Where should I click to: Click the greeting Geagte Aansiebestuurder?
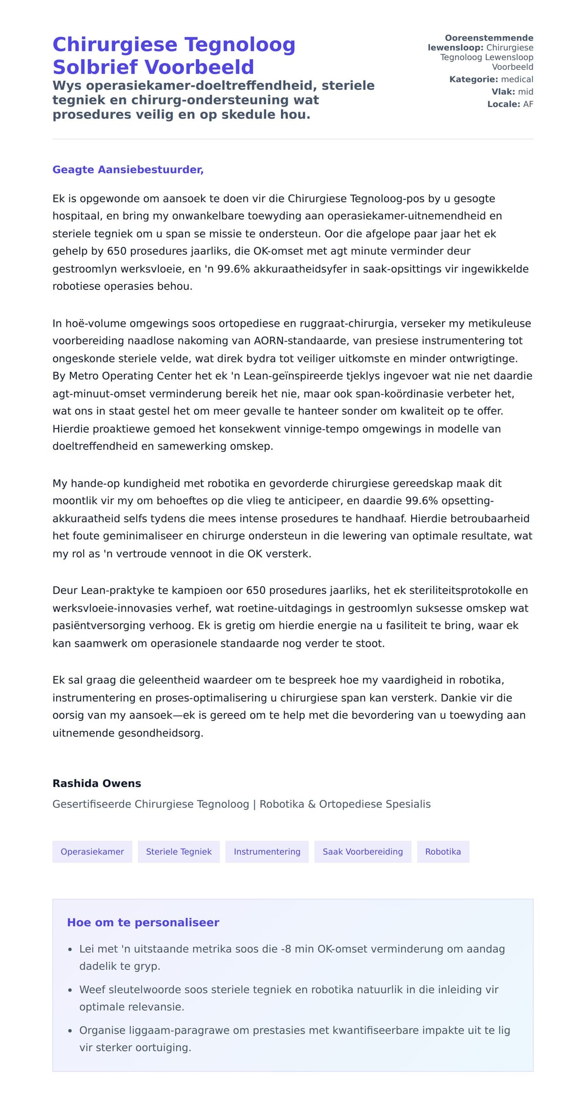click(128, 170)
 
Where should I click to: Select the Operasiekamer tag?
click(92, 851)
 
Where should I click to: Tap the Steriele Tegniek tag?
click(179, 851)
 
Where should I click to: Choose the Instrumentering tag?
click(267, 851)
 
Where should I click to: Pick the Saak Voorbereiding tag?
click(363, 851)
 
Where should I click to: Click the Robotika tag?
click(443, 851)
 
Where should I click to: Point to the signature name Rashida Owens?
click(97, 783)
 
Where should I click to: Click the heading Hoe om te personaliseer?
click(143, 922)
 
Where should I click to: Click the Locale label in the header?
click(503, 104)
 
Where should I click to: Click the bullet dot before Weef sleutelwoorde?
click(70, 990)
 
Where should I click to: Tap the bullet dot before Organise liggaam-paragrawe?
click(70, 1031)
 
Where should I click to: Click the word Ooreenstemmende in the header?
click(489, 38)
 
